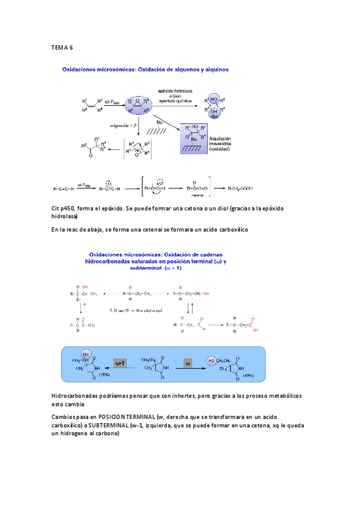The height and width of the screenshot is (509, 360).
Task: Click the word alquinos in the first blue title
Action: click(212, 70)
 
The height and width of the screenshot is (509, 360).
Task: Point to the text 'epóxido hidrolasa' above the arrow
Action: click(178, 91)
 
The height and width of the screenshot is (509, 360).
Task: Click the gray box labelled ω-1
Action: click(119, 364)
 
